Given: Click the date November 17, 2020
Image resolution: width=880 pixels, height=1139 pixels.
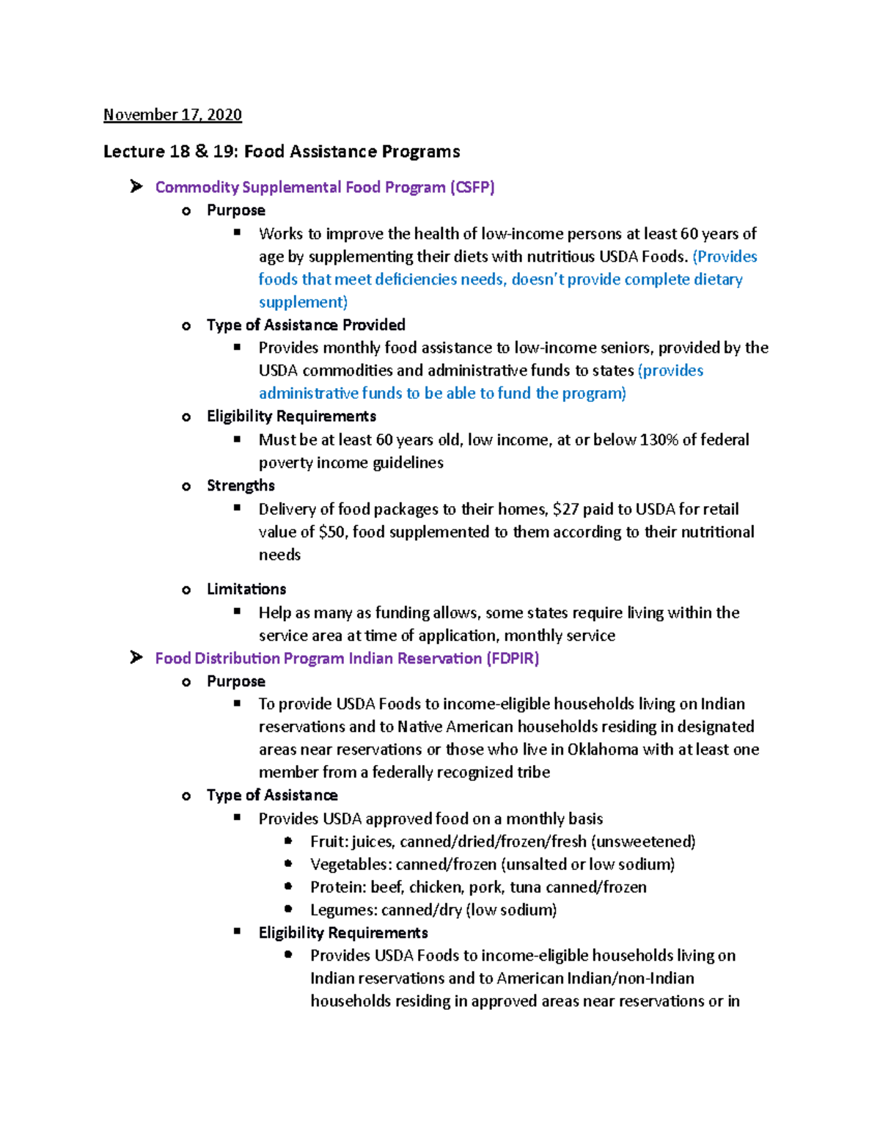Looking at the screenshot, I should (172, 114).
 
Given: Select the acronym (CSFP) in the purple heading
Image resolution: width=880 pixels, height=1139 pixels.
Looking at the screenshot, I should (472, 187).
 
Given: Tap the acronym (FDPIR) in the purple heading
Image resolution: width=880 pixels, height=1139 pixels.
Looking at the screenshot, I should (512, 658).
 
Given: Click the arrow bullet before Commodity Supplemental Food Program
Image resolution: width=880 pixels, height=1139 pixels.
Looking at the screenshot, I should (136, 187).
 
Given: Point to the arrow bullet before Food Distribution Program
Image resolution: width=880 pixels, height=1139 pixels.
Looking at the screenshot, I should (136, 658).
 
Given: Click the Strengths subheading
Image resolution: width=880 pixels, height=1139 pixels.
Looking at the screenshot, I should (241, 486).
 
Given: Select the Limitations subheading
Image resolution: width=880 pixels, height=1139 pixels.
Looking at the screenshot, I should (246, 589).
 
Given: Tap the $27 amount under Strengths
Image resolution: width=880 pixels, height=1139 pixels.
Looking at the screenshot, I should (565, 509).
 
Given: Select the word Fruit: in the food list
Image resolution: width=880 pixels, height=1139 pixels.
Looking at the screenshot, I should (329, 841).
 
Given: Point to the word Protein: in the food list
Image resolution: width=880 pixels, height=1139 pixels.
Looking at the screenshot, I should (337, 887).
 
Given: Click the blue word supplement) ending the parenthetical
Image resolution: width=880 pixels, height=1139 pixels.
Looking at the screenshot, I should (303, 302).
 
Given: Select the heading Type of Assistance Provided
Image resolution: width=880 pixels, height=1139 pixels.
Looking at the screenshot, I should (306, 325).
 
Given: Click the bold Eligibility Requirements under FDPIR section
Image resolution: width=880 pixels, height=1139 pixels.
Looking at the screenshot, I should (343, 933).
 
